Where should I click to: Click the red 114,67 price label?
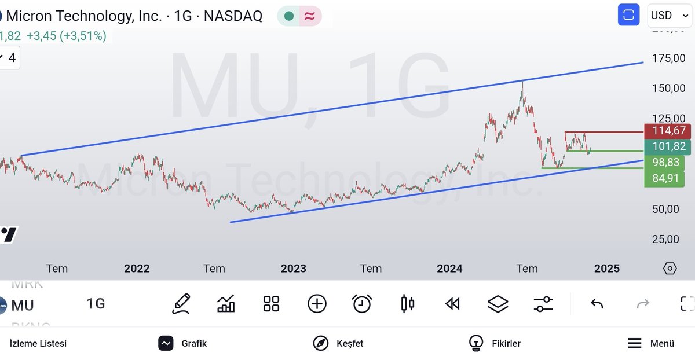pyautogui.click(x=667, y=131)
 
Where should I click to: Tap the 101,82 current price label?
pyautogui.click(x=667, y=146)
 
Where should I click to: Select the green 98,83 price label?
pyautogui.click(x=665, y=163)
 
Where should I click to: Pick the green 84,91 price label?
pyautogui.click(x=665, y=178)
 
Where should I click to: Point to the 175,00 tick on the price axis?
pyautogui.click(x=664, y=58)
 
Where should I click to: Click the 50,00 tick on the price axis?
pyautogui.click(x=664, y=209)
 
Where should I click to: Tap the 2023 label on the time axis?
pyautogui.click(x=293, y=269)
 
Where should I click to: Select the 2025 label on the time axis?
pyautogui.click(x=606, y=269)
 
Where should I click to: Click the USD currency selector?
pyautogui.click(x=668, y=16)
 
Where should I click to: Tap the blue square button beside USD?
pyautogui.click(x=628, y=15)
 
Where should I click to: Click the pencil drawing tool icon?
pyautogui.click(x=181, y=304)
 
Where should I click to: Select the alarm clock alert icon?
pyautogui.click(x=362, y=304)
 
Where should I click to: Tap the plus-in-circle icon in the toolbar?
pyautogui.click(x=317, y=304)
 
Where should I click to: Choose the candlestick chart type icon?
pyautogui.click(x=408, y=304)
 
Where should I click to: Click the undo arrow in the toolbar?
pyautogui.click(x=597, y=304)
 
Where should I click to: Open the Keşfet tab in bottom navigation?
pyautogui.click(x=338, y=343)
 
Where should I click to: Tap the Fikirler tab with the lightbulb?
pyautogui.click(x=495, y=343)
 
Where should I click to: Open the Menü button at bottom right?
pyautogui.click(x=651, y=343)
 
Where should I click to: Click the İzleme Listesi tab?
pyautogui.click(x=38, y=343)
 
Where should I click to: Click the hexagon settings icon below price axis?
pyautogui.click(x=670, y=269)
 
